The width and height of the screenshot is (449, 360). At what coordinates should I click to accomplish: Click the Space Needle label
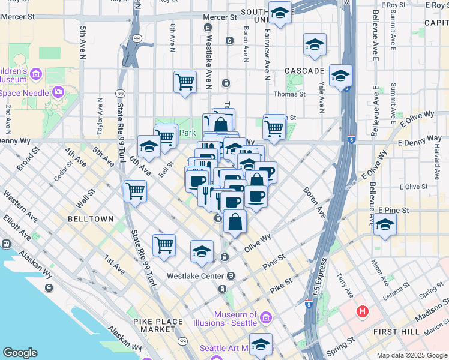point(25,93)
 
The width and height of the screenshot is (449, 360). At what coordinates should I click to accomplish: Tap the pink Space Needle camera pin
point(58,92)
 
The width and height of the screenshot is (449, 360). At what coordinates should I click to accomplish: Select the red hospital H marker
point(362,311)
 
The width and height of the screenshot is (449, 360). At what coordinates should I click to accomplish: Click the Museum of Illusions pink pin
point(267,316)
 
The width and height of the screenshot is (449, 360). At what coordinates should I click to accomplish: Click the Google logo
point(20,353)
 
